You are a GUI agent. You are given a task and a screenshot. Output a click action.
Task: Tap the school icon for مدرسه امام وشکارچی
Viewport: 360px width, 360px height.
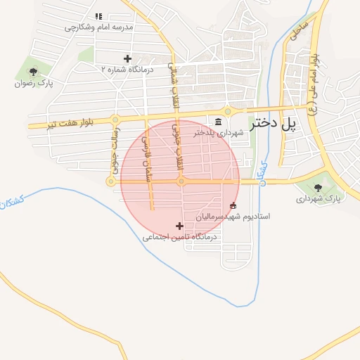tap(99, 16)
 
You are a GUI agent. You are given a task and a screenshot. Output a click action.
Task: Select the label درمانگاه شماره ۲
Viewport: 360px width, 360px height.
tap(127, 70)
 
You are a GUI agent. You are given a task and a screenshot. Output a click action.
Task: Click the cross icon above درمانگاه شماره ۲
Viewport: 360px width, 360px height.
tap(127, 58)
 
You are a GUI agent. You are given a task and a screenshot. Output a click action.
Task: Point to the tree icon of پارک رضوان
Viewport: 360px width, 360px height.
tap(33, 72)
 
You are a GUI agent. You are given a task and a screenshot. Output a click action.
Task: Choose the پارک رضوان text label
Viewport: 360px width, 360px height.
tap(33, 83)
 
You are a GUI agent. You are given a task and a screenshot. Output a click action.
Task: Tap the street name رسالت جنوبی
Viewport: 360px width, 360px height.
tap(115, 147)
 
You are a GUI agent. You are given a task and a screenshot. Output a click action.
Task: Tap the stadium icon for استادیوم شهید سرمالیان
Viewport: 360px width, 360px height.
tap(233, 206)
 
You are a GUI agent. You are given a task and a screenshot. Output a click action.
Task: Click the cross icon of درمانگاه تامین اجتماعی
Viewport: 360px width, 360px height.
tap(179, 226)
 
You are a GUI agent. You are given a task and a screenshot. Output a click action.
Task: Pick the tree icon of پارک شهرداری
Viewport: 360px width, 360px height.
tap(318, 188)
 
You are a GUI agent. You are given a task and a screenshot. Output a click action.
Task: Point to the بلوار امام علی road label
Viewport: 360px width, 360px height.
tap(316, 78)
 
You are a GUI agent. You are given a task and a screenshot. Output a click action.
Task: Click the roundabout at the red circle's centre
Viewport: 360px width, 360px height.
tap(181, 181)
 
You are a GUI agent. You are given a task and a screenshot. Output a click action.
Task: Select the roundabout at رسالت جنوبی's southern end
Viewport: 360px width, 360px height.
tap(110, 181)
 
